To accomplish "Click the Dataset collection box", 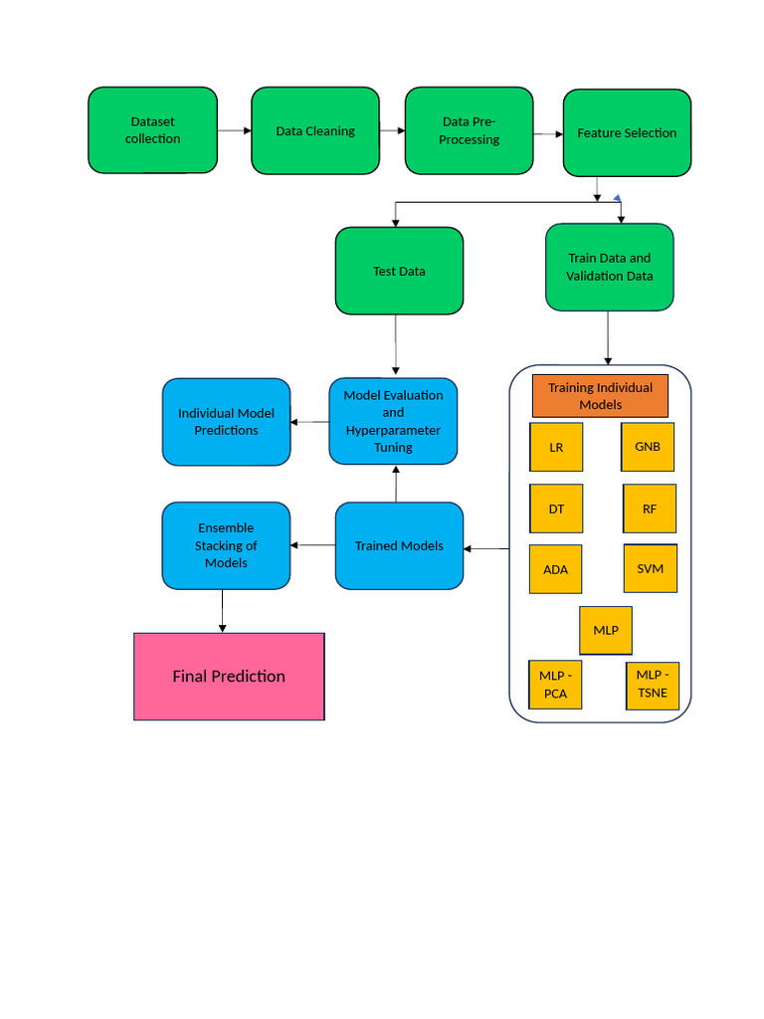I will [x=152, y=130].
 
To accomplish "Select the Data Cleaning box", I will [x=314, y=130].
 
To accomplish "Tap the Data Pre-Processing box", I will [x=469, y=130].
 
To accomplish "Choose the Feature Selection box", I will [x=627, y=132].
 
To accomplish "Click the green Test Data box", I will [x=399, y=271].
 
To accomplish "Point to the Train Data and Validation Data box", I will [x=609, y=267].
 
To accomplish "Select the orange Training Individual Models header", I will [x=600, y=396].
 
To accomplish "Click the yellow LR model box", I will [x=556, y=447].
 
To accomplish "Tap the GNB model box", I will [x=648, y=446].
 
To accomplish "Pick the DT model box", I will [x=556, y=509].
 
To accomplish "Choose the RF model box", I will [x=650, y=509].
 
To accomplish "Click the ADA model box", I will [x=556, y=569].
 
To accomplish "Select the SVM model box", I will [x=650, y=568].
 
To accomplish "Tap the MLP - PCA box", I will [x=555, y=685].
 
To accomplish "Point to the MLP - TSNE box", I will [x=653, y=685].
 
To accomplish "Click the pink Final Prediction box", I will [x=229, y=677].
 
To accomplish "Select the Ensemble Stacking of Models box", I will [x=226, y=545].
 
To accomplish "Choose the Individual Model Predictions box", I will [x=226, y=422].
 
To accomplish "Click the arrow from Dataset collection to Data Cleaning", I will [x=234, y=130].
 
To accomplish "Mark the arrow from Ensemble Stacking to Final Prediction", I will [x=222, y=610].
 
